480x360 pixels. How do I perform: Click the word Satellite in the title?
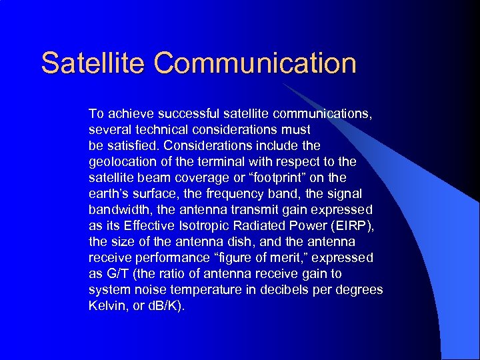coord(93,63)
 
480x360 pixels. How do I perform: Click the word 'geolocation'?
coord(119,161)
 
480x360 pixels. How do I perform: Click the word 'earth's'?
coord(107,193)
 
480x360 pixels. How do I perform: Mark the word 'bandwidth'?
coord(117,209)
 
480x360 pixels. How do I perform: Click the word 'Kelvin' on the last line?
coord(106,305)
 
